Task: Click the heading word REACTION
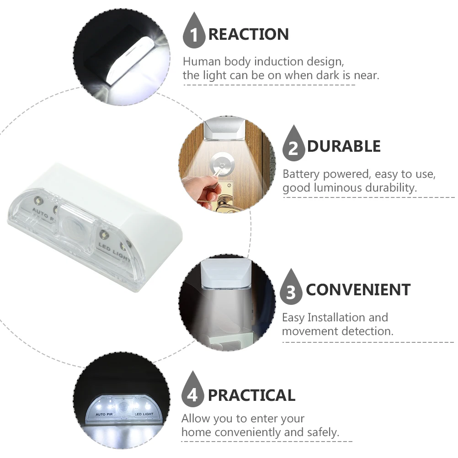coord(248,35)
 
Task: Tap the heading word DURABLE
coord(344,146)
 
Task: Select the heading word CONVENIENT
coord(358,290)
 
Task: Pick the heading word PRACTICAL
coord(251,395)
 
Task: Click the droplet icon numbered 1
coord(194,32)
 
